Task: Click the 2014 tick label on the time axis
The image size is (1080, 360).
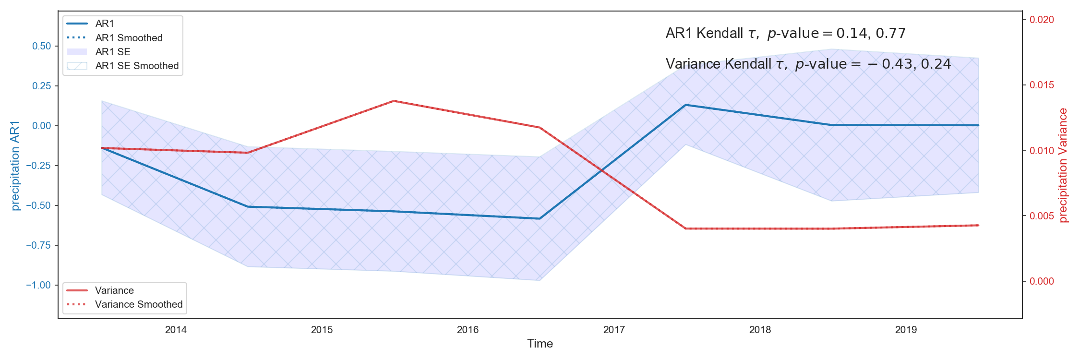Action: click(x=176, y=330)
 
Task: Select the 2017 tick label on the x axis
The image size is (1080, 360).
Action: click(x=614, y=330)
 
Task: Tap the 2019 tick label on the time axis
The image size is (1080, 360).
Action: click(x=906, y=330)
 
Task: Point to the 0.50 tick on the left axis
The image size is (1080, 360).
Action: click(x=41, y=46)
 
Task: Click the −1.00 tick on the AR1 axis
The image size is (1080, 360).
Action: click(x=38, y=285)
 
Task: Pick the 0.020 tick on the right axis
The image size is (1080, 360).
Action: click(x=1042, y=20)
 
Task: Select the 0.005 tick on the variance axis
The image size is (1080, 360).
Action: click(x=1042, y=216)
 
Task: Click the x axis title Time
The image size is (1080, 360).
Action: click(x=540, y=344)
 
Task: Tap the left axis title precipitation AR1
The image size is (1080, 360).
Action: click(x=15, y=166)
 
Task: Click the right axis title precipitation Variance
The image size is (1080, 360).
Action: click(x=1063, y=166)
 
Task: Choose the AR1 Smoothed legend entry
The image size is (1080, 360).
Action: click(x=129, y=38)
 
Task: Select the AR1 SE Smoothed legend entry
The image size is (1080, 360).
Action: click(x=137, y=66)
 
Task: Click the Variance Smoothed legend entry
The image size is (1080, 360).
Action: click(x=139, y=304)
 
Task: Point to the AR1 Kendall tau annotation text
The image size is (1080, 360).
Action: click(x=785, y=33)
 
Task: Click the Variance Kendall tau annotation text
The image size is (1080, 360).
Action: click(x=808, y=64)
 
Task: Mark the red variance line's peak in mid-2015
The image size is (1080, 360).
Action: click(x=394, y=101)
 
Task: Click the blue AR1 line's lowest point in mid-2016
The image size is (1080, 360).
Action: click(x=540, y=219)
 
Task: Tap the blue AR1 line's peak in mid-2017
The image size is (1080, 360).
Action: click(x=685, y=105)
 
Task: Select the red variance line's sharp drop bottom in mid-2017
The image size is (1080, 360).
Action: click(x=685, y=228)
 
